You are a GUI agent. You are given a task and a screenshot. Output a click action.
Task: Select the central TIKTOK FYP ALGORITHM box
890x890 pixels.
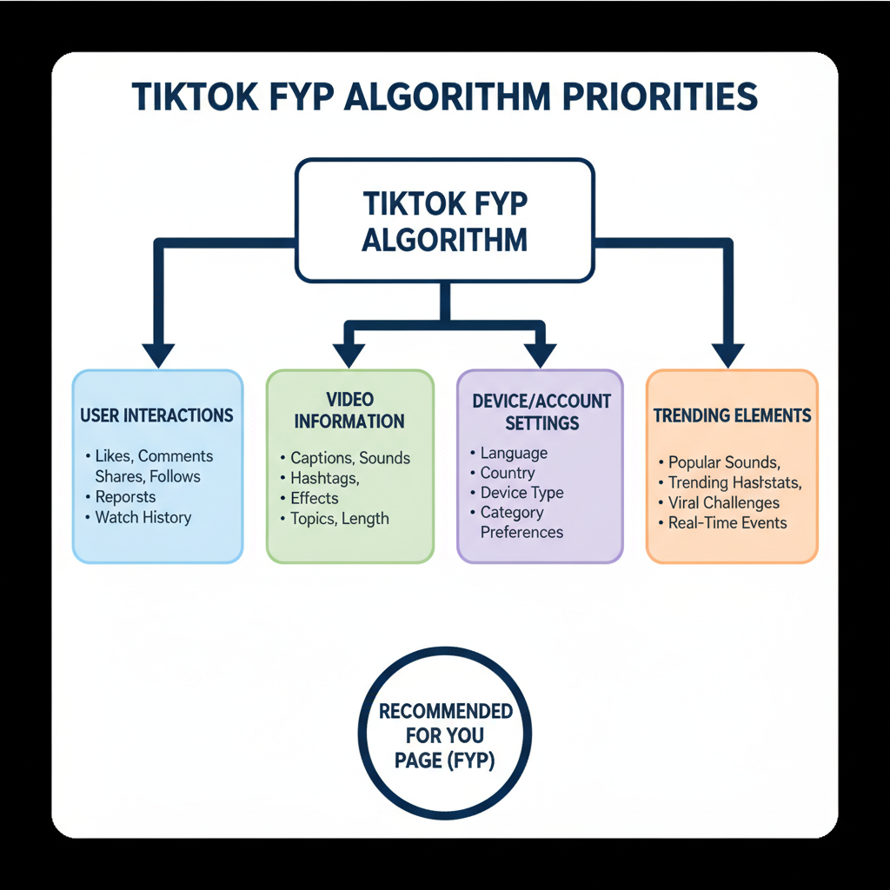pos(445,221)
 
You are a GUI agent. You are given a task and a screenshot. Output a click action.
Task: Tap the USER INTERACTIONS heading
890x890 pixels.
pos(156,415)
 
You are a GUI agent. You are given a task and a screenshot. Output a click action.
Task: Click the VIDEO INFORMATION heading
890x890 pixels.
pos(349,410)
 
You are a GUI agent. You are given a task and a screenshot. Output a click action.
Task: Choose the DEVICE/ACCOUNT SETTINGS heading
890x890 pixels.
pos(541,412)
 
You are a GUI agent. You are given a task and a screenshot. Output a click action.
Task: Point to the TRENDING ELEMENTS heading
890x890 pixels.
pos(732,415)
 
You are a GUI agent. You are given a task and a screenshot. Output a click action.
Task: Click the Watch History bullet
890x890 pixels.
pos(143,517)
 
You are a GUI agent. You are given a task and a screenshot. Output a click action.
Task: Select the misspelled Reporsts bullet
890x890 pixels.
pos(125,497)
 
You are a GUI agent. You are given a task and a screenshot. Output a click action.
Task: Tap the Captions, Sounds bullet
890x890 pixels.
pos(349,458)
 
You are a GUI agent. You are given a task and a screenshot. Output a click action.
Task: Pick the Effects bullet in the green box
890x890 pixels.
pos(314,498)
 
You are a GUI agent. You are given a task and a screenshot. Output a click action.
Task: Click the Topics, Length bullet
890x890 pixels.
pos(339,519)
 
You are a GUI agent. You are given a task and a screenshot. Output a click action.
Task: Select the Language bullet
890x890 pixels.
pos(514,453)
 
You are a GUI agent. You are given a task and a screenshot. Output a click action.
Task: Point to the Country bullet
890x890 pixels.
pos(507,473)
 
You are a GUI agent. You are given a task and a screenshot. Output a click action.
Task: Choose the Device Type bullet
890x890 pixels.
pos(521,493)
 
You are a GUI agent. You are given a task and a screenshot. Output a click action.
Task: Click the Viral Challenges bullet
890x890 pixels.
pos(723,502)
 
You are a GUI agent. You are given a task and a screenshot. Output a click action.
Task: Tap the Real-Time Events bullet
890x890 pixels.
pos(727,522)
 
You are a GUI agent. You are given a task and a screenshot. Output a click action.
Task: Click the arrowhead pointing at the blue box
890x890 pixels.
pos(158,355)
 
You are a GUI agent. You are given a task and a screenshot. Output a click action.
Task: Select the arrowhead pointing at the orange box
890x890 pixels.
pos(728,355)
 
